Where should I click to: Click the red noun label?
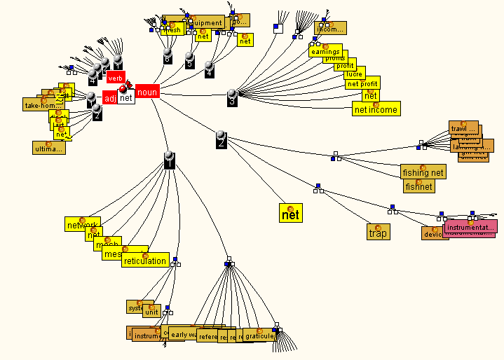147,92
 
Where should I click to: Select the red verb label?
116,78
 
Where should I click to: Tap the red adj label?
109,99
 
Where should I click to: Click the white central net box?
126,98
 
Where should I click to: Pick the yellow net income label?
376,109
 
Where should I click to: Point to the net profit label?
362,84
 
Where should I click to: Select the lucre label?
354,74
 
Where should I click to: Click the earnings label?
325,52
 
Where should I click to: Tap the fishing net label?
423,172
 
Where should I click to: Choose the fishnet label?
418,186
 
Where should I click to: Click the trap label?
378,233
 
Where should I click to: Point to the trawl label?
463,129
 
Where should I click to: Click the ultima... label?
48,148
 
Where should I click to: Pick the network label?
82,226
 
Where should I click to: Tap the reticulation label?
145,261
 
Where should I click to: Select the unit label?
151,312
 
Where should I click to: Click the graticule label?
259,335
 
